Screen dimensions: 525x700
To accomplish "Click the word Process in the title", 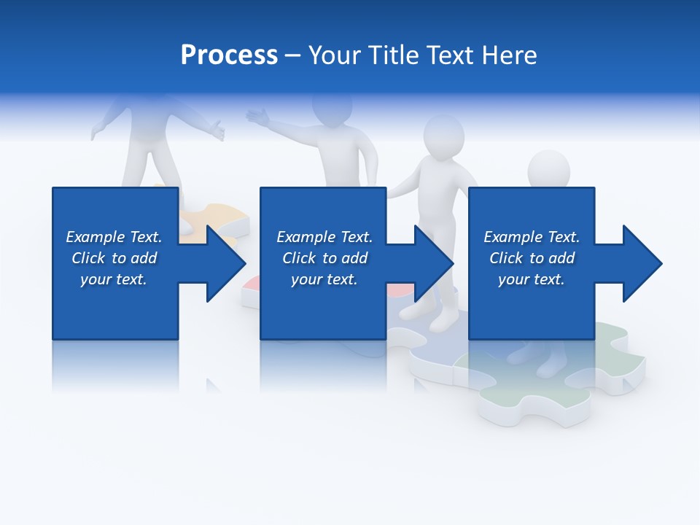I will [x=229, y=55].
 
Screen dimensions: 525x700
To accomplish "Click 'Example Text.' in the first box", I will [x=114, y=237].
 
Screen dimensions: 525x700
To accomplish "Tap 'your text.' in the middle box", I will [x=324, y=279].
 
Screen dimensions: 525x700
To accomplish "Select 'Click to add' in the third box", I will [x=532, y=258].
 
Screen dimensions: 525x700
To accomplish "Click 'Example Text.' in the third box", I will [x=532, y=237].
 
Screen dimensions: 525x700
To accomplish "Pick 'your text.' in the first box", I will [x=114, y=279].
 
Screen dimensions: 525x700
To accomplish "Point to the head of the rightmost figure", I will [x=548, y=170].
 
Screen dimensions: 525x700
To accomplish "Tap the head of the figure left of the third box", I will [x=444, y=135].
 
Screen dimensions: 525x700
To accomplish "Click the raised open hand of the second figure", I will [x=257, y=116].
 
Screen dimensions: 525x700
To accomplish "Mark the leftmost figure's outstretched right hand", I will [x=216, y=132].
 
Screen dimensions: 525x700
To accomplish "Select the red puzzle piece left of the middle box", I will [x=251, y=285].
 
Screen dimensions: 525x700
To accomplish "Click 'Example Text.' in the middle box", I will [x=324, y=237].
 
